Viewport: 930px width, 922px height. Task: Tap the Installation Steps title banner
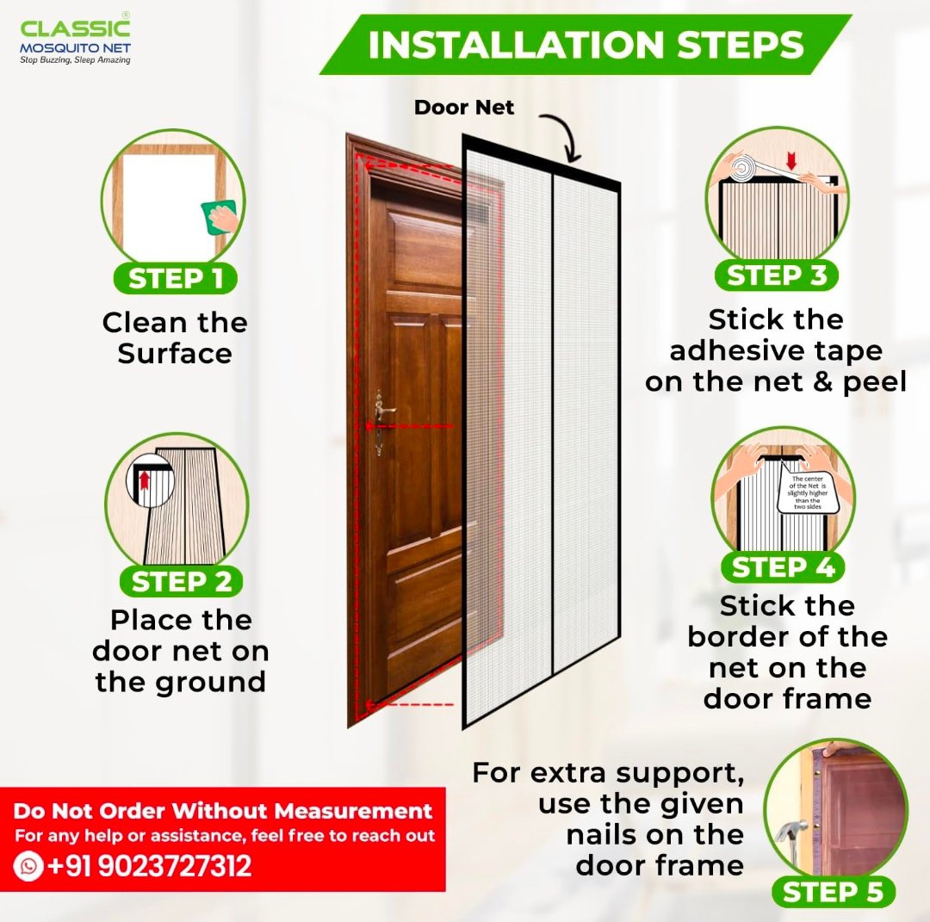click(586, 45)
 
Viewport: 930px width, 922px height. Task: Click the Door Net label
click(464, 108)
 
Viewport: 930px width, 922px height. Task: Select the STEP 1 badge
click(176, 278)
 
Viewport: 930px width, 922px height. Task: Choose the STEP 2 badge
click(182, 581)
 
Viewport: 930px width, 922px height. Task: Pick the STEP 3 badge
click(777, 275)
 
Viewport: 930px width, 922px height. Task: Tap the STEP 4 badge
click(783, 566)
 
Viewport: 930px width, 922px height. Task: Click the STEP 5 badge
click(834, 892)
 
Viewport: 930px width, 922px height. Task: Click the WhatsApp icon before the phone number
click(28, 866)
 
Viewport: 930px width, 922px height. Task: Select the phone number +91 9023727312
click(150, 866)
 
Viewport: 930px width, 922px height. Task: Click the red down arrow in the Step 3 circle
click(790, 160)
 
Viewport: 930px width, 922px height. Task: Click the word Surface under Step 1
click(174, 353)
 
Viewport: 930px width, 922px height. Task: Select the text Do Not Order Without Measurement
click(223, 811)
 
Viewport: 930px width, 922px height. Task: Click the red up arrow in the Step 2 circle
click(144, 480)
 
